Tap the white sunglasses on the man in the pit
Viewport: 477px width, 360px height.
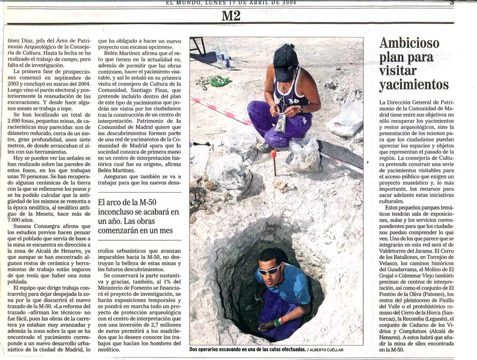pyautogui.click(x=269, y=270)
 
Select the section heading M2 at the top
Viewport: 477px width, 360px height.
pyautogui.click(x=231, y=16)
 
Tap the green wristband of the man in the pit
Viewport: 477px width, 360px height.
pyautogui.click(x=277, y=322)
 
